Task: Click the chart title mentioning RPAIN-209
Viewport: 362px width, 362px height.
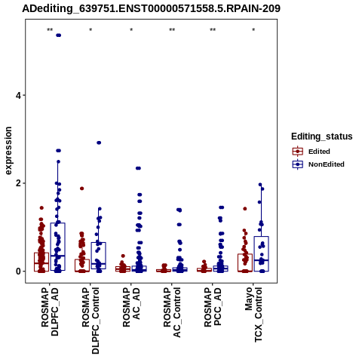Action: [151, 8]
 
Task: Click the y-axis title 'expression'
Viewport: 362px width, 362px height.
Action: [8, 151]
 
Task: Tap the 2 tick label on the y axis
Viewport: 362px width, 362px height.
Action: [18, 183]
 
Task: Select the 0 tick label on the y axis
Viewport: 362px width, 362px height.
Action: [18, 271]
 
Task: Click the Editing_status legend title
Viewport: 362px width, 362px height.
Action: [322, 137]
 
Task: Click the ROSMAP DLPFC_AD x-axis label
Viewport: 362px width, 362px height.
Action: [50, 311]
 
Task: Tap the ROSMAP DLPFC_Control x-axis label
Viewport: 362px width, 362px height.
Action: [90, 321]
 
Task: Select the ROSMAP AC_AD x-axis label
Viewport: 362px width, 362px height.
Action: [131, 307]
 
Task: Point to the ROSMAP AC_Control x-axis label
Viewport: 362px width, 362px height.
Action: [172, 312]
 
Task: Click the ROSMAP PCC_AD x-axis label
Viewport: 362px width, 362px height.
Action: [213, 307]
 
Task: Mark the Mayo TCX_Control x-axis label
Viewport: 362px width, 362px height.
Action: [253, 314]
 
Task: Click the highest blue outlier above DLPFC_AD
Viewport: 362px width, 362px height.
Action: [58, 35]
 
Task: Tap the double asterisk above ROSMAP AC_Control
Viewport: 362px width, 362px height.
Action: [172, 30]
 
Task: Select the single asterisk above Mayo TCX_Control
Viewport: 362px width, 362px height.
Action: [253, 30]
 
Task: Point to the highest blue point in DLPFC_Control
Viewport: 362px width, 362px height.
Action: [99, 143]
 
